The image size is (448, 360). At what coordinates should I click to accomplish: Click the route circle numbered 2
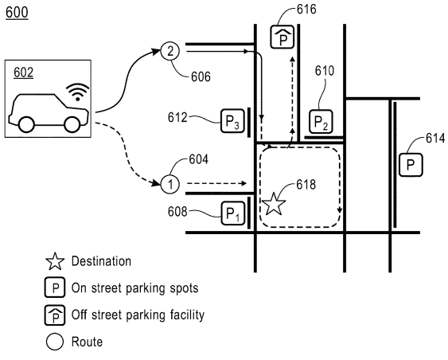[x=169, y=51]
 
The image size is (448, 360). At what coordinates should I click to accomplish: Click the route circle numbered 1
[x=169, y=184]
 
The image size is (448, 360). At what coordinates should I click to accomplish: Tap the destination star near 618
[x=274, y=203]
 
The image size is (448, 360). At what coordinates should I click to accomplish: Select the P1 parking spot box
[x=232, y=213]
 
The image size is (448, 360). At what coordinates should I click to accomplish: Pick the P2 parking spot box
[x=320, y=122]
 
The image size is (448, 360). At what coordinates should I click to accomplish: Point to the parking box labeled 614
[x=410, y=165]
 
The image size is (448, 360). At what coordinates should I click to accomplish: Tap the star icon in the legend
[x=55, y=261]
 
